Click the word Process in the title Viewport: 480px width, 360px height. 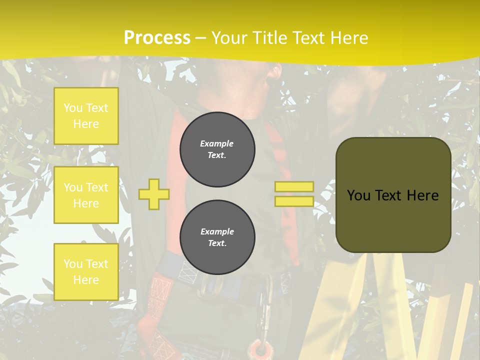[157, 38]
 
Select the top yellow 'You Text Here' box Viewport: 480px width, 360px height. [86, 116]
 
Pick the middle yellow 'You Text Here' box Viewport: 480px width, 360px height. [86, 195]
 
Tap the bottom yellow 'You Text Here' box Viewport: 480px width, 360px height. [86, 272]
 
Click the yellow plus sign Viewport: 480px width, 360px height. [154, 194]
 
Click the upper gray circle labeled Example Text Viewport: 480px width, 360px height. [217, 149]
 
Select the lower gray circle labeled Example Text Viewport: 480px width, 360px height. [217, 237]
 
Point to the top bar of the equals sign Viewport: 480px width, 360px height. [294, 187]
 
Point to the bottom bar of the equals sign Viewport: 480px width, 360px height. [294, 201]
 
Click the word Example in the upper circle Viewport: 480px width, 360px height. [217, 143]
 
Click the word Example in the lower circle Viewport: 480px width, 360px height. [217, 231]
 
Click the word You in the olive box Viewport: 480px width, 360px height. [358, 195]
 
